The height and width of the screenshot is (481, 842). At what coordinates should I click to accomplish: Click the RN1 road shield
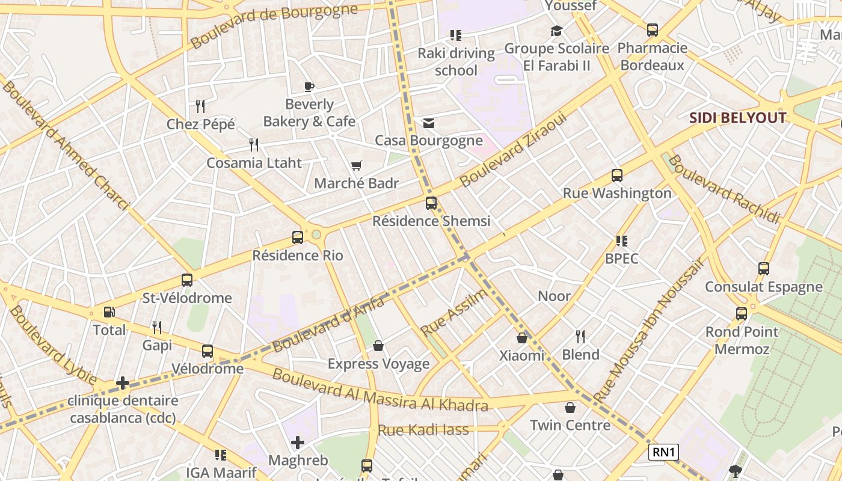pos(663,452)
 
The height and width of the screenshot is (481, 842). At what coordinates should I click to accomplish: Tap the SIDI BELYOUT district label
pos(737,118)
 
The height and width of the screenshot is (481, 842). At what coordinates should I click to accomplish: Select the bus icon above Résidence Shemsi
pos(431,203)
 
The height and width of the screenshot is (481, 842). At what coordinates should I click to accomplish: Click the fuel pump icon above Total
pos(109,312)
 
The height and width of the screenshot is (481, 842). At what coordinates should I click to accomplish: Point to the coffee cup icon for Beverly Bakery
pos(309,87)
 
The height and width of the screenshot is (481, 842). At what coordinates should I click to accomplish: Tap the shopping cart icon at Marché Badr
pos(357,165)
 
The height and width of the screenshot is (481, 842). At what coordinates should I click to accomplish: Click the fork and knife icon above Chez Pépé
pos(200,106)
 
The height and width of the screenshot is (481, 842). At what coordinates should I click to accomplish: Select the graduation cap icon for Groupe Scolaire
pos(556,31)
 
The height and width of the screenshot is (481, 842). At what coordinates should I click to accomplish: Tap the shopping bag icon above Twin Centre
pos(570,408)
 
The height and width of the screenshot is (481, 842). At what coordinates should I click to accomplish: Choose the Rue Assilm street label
pos(454,312)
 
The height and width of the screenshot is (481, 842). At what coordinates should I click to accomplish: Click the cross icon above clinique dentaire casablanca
pos(123,383)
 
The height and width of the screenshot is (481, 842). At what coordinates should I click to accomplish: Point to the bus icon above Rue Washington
pos(616,176)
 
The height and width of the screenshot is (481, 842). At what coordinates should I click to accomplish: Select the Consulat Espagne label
pos(763,287)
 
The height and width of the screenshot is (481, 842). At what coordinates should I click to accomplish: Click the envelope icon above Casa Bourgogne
pos(428,123)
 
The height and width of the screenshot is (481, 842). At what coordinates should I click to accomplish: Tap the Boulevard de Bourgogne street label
pos(274,26)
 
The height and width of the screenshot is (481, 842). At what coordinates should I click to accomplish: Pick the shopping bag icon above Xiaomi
pos(521,338)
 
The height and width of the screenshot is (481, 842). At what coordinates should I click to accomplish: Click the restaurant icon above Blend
pos(580,336)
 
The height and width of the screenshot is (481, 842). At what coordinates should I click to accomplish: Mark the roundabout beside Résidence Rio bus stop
pos(316,234)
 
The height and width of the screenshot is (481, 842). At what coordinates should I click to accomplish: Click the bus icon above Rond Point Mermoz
pos(741,314)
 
